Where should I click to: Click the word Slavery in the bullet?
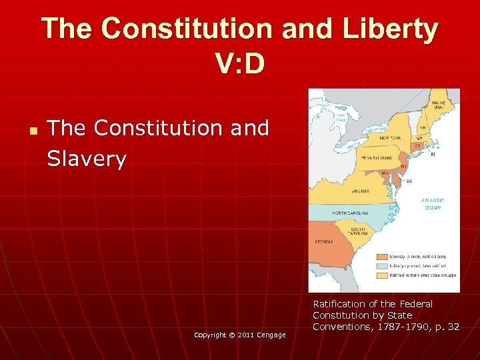(87, 159)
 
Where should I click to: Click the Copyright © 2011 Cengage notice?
(240, 335)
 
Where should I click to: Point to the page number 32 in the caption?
(453, 326)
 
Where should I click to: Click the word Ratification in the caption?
(340, 304)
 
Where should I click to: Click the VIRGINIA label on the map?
(360, 191)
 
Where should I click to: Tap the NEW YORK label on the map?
(390, 137)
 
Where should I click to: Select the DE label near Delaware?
(409, 181)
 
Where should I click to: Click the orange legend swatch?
(382, 256)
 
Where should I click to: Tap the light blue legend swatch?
(382, 265)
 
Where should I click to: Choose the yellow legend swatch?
(382, 274)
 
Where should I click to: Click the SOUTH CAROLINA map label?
(357, 231)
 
